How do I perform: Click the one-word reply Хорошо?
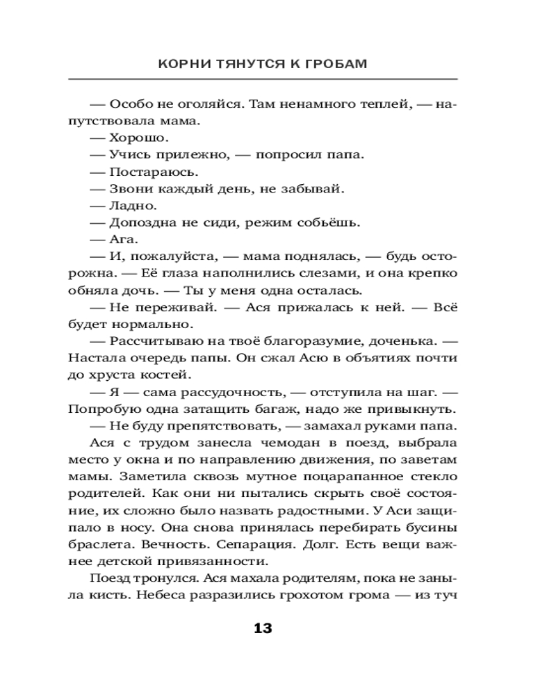[133, 137]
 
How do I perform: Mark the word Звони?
[129, 188]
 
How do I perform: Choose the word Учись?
[129, 154]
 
